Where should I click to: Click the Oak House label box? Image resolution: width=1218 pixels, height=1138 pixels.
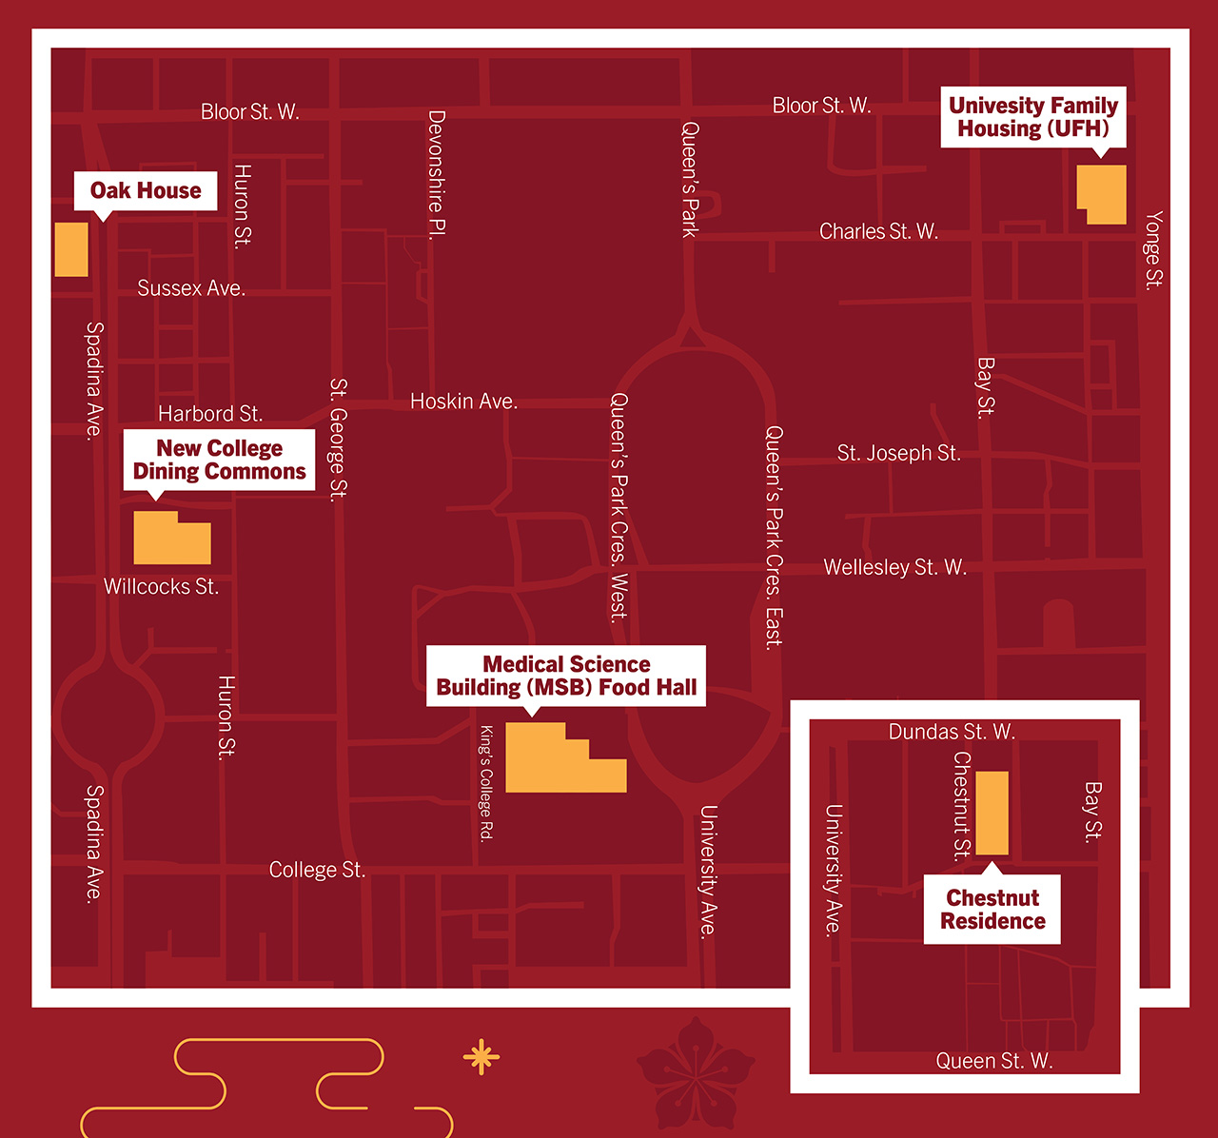click(x=146, y=190)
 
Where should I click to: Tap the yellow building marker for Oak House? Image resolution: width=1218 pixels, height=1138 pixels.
click(x=71, y=249)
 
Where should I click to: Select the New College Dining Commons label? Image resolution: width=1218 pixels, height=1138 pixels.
click(x=219, y=460)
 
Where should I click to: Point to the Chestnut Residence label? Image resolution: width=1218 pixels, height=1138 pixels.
click(x=992, y=910)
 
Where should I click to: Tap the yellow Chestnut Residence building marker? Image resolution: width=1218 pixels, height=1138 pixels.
click(x=992, y=813)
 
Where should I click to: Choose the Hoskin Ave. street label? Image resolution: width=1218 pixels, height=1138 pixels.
click(x=463, y=402)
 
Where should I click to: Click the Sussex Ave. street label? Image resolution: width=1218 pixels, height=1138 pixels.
click(x=191, y=288)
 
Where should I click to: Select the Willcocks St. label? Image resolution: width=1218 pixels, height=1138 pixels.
click(x=161, y=586)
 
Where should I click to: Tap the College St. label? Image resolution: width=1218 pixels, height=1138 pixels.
click(x=317, y=870)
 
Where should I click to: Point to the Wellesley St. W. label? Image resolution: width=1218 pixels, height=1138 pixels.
click(x=894, y=567)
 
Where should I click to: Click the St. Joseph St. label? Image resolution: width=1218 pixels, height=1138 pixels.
click(x=898, y=453)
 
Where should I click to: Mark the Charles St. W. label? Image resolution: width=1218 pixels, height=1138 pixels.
click(x=878, y=231)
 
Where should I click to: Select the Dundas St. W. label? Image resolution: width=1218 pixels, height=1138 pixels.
click(x=952, y=732)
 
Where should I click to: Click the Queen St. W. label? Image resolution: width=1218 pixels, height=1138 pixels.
click(x=994, y=1061)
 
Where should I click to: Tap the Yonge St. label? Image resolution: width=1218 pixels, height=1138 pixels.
click(x=1153, y=250)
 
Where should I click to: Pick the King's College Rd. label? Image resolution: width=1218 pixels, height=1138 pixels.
click(x=485, y=783)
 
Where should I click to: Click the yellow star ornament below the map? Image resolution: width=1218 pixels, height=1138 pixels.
click(x=481, y=1056)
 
